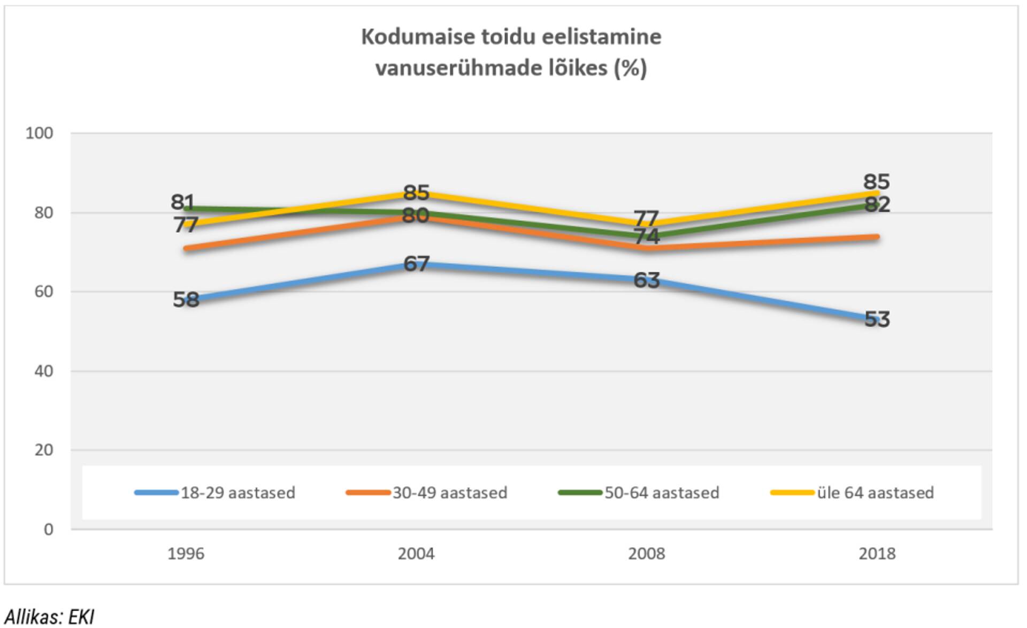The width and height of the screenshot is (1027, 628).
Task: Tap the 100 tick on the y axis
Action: click(40, 133)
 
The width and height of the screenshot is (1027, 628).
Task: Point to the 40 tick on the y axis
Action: click(43, 371)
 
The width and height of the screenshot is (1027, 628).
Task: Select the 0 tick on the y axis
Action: click(48, 529)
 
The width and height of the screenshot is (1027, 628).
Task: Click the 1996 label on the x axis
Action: click(186, 553)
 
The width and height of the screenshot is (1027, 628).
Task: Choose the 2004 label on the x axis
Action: click(416, 553)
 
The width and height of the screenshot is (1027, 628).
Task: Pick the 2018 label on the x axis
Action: click(877, 553)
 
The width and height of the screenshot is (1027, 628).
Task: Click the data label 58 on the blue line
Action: click(186, 300)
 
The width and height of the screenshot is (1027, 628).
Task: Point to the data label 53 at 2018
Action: click(877, 319)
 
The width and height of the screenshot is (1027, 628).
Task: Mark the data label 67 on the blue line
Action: click(416, 264)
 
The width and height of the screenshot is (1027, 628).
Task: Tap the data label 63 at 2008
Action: click(646, 280)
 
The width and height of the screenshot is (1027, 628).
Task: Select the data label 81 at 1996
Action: click(182, 202)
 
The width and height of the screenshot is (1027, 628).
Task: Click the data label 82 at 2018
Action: click(877, 204)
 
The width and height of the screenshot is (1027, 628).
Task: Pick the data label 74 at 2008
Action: click(646, 236)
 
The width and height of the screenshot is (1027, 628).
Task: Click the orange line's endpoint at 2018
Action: click(877, 237)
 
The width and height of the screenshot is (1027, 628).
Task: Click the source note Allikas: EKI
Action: click(49, 617)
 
